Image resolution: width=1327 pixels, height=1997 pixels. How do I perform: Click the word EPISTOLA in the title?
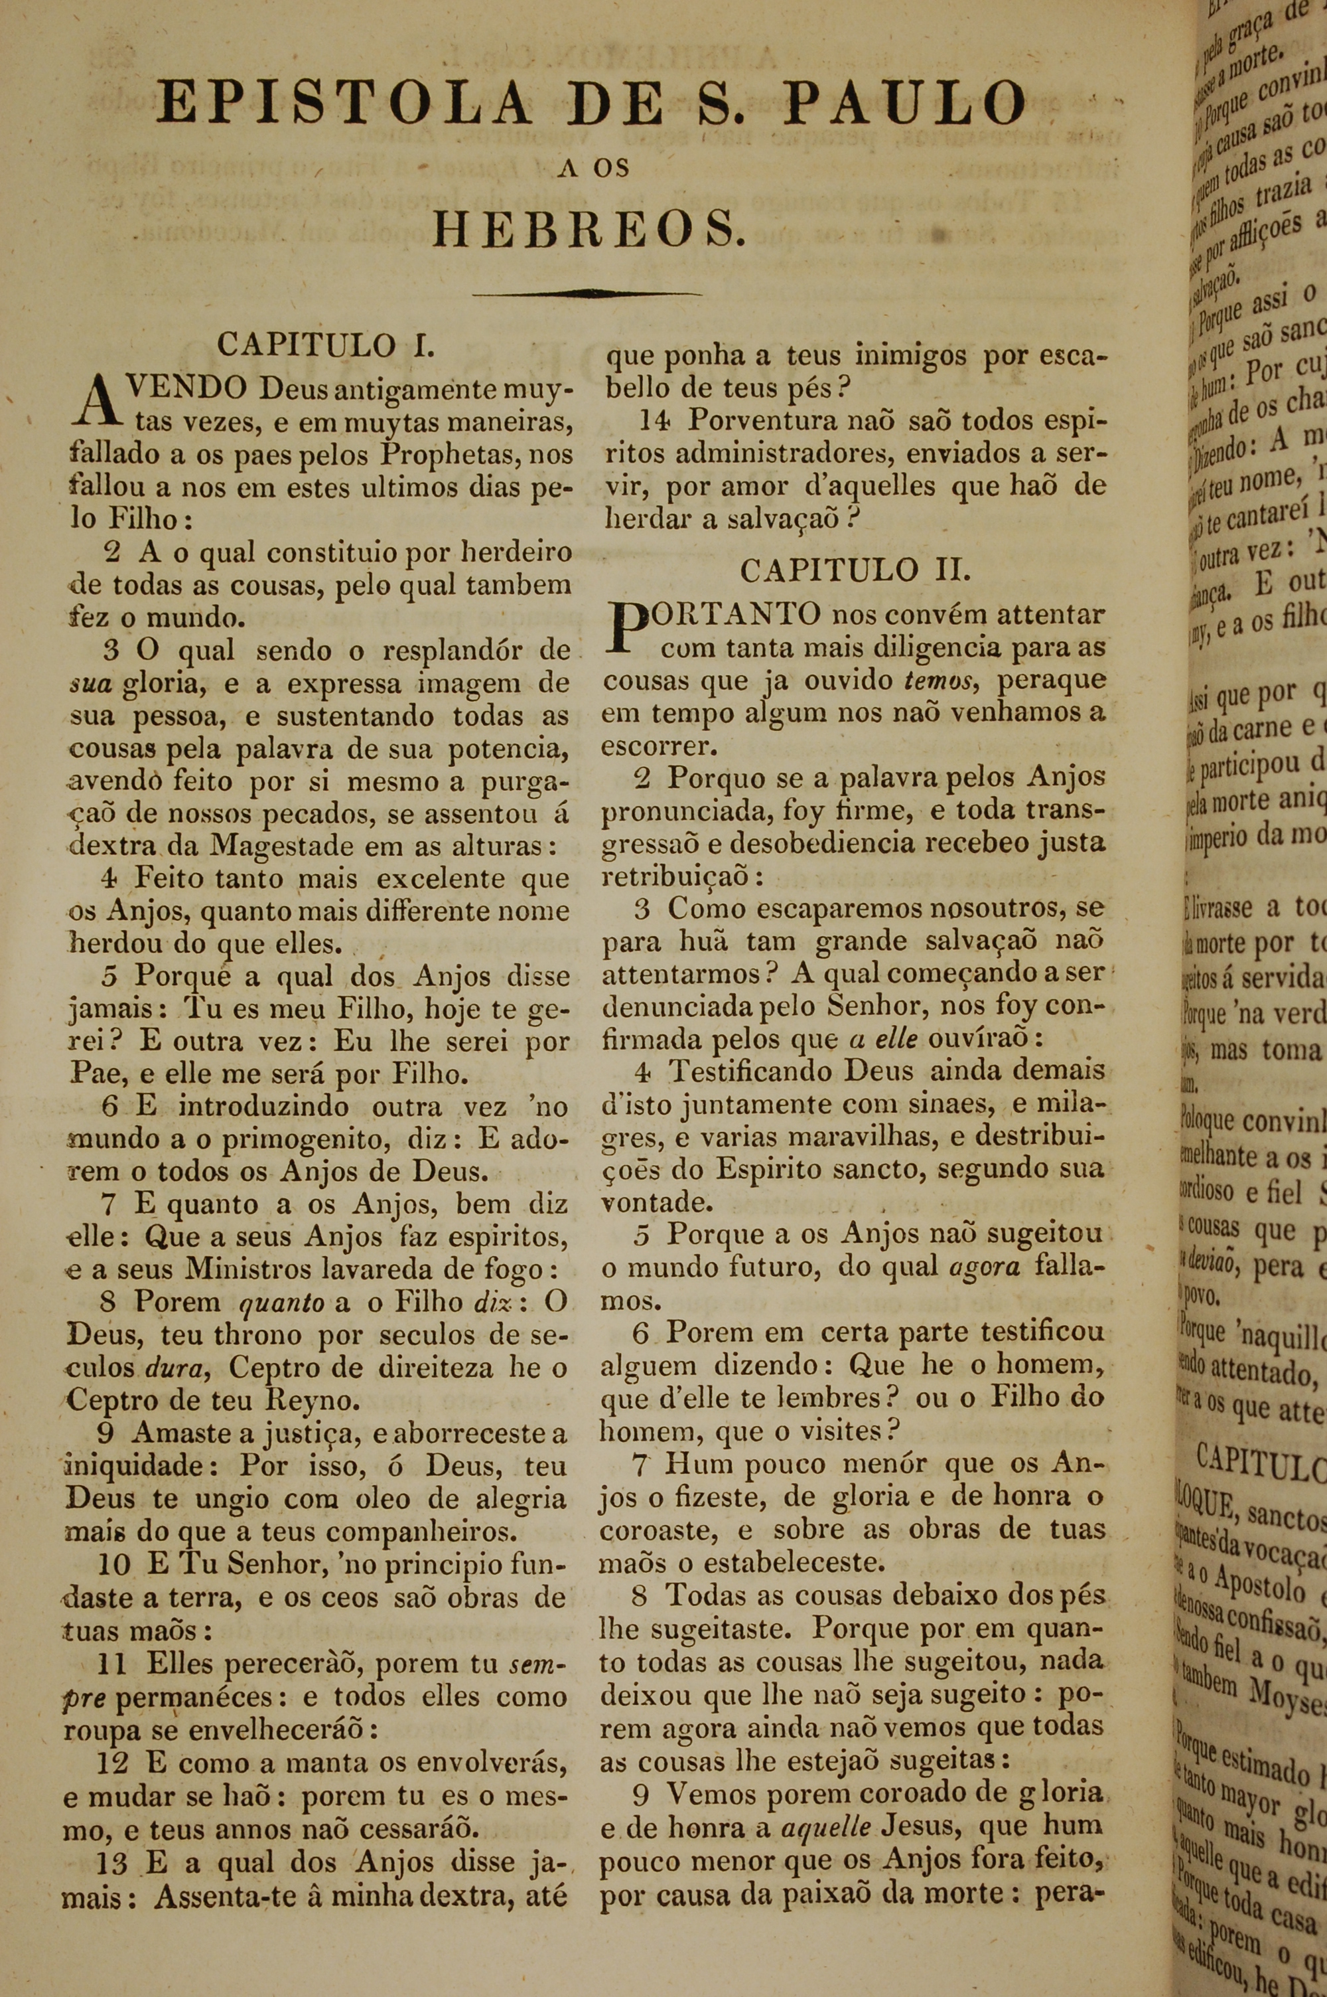click(x=344, y=105)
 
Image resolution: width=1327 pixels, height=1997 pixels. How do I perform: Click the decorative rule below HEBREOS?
click(x=587, y=293)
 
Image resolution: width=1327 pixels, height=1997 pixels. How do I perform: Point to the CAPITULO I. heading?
click(x=326, y=345)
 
